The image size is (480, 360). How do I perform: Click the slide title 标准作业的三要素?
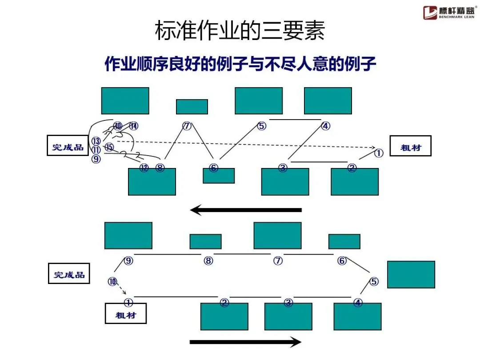240,31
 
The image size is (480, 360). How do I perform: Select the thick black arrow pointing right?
246,342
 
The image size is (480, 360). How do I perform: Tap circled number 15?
109,147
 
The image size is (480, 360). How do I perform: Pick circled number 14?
133,126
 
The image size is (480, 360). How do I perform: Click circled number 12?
144,168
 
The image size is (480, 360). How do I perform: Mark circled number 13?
96,141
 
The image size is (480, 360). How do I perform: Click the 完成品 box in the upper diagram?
68,145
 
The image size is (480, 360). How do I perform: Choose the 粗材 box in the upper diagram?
410,146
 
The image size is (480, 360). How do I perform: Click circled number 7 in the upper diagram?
187,126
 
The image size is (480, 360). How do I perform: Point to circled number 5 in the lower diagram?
374,281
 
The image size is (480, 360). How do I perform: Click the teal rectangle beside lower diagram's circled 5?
411,274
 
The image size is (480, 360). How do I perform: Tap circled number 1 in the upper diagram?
378,153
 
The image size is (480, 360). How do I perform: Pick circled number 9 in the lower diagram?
128,261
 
